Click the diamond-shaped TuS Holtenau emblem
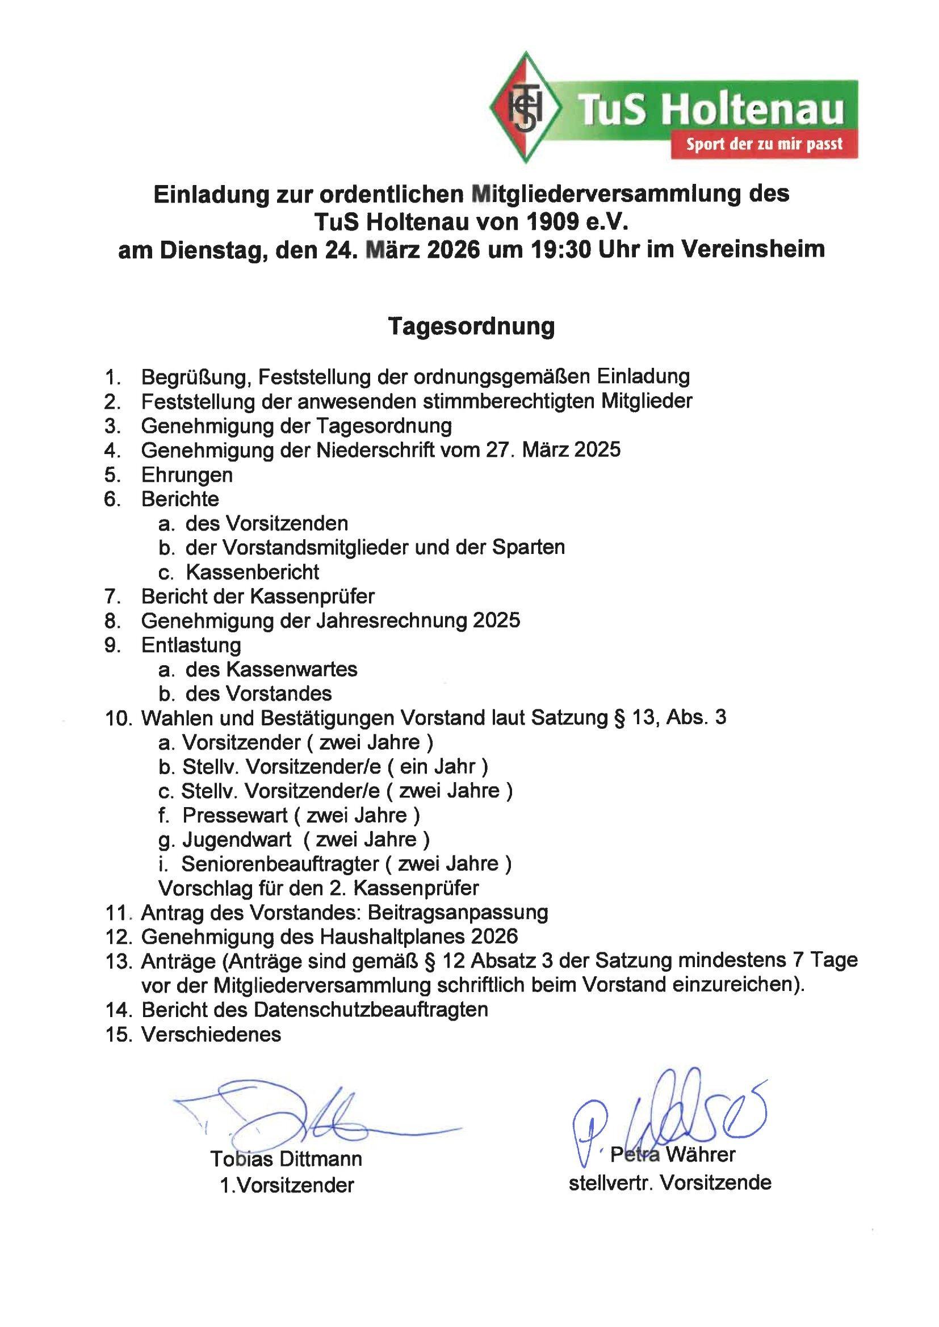pyautogui.click(x=525, y=108)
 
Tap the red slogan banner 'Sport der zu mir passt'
pyautogui.click(x=764, y=144)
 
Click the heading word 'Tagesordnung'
pyautogui.click(x=471, y=326)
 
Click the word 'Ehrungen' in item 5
pyautogui.click(x=187, y=475)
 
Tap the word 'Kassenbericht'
pyautogui.click(x=252, y=572)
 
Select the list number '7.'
pyautogui.click(x=113, y=596)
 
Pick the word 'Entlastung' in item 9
pyautogui.click(x=191, y=644)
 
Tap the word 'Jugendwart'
pyautogui.click(x=237, y=839)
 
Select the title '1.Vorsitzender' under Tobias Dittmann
pyautogui.click(x=287, y=1186)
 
